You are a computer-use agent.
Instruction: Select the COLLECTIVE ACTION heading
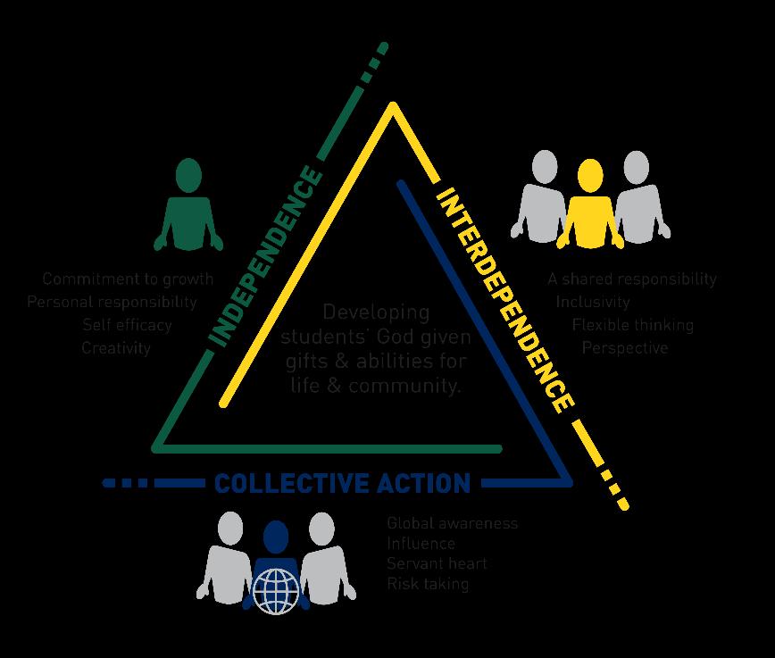pos(342,483)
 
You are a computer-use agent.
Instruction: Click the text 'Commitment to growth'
pos(128,279)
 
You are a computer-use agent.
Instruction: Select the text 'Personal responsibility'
pos(112,302)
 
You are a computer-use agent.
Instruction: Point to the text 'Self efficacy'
pos(127,325)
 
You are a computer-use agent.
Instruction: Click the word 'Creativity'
pos(116,347)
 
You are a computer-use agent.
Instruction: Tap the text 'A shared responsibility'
pos(632,279)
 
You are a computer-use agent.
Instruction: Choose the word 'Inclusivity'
pos(593,302)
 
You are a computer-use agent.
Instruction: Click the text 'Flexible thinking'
pos(633,325)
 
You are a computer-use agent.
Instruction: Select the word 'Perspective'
pos(625,347)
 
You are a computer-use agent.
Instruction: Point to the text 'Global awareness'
pos(453,523)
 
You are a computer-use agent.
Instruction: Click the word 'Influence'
pos(421,543)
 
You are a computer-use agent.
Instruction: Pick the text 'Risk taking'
pos(428,584)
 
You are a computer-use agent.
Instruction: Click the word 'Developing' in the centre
pos(376,312)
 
